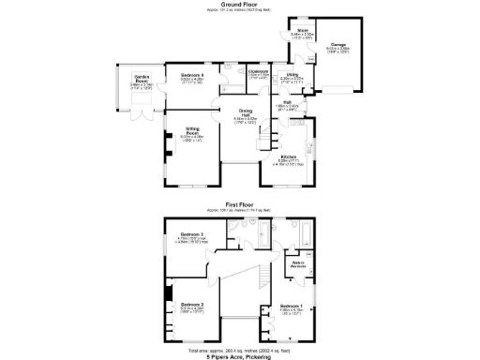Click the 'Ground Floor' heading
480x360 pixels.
coord(240,4)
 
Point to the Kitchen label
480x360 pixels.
coord(289,156)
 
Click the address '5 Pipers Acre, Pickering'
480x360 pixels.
coord(240,356)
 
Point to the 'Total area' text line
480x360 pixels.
coord(240,350)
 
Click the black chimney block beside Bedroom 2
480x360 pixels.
coord(168,293)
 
